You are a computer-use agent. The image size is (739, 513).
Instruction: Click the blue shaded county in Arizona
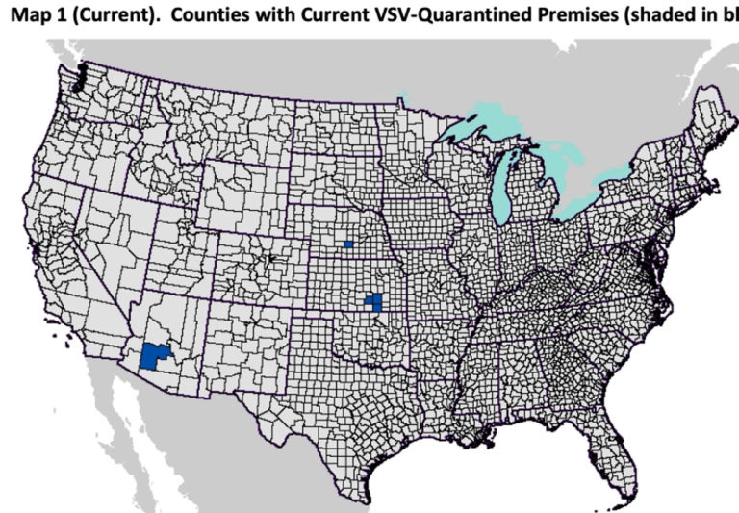[154, 356]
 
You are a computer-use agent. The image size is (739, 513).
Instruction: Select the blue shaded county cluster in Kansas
[375, 303]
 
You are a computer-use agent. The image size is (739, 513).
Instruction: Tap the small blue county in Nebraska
[348, 244]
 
